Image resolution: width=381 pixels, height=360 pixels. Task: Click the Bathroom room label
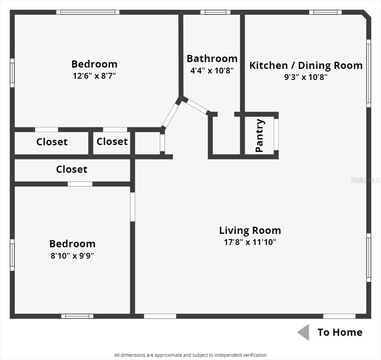coord(212,59)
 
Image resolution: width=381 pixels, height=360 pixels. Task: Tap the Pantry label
coord(259,136)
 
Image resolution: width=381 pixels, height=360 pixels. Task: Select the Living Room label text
coord(250,230)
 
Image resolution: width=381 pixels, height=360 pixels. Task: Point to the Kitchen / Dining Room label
coord(306,65)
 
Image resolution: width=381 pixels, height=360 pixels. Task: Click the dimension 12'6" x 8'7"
coord(94,76)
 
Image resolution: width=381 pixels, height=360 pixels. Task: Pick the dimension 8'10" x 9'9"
coord(72,256)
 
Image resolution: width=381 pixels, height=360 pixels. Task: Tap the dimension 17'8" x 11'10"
coord(250,242)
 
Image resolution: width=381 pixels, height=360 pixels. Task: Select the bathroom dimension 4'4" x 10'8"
coord(212,70)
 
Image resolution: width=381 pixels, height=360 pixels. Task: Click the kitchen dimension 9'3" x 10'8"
coord(306,77)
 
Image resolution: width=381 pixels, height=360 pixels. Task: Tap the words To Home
coord(340,332)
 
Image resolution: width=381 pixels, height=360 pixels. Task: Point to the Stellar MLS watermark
coord(365,180)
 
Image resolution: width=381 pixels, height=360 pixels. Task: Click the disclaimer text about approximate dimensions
coord(190,355)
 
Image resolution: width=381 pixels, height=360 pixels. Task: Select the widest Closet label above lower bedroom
coord(71,169)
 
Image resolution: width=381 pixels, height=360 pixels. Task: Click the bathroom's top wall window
coord(215,12)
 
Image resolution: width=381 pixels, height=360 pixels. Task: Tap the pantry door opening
coord(276,134)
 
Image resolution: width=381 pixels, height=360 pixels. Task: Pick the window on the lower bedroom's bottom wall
coord(77,316)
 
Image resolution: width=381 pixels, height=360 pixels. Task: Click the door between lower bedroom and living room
coord(132,207)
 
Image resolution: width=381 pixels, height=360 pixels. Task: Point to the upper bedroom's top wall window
coord(88,12)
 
